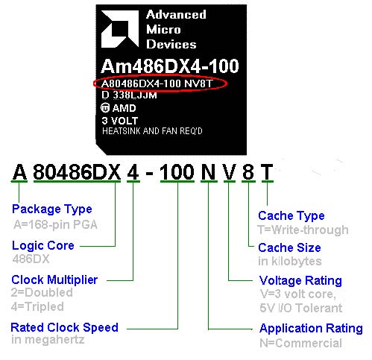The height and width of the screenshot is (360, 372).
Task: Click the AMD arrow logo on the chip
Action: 120,29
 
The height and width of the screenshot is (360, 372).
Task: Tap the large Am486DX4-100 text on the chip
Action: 170,66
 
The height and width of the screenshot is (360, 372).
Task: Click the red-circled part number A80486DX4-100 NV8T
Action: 157,83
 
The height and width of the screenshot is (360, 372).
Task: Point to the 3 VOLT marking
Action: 120,121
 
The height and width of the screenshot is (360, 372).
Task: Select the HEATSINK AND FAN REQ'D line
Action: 152,131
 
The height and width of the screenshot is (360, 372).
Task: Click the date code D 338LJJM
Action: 129,95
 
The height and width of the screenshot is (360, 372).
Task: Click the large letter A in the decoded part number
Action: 19,172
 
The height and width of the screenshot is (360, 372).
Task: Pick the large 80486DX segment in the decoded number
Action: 77,172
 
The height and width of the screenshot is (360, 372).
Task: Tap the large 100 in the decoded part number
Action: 177,172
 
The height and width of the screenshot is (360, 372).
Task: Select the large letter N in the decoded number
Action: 209,172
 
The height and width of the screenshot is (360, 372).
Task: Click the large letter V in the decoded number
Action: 230,172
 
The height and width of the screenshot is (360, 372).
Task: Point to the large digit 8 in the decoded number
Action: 248,172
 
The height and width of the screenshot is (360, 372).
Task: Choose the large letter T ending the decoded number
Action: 267,172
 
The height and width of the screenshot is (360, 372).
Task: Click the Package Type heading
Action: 52,209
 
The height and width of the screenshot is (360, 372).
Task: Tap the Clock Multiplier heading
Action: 54,280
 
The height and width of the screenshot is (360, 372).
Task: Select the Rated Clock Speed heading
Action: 64,328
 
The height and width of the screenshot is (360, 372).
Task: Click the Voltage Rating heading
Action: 300,281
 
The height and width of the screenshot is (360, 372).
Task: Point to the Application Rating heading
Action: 311,329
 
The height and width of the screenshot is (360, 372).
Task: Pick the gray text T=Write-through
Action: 303,230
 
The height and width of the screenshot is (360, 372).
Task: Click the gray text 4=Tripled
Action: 37,307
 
